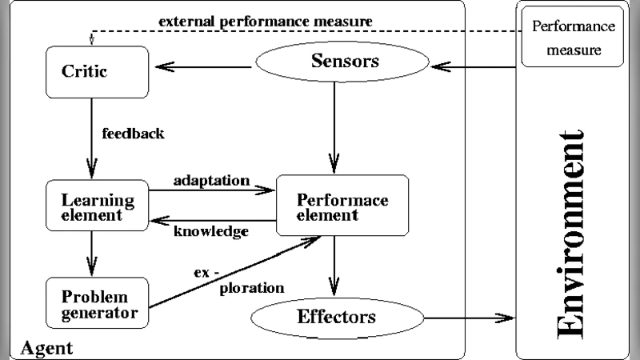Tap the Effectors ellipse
[337, 316]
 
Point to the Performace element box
[342, 206]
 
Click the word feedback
[133, 134]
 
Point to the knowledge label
[211, 231]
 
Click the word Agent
[46, 348]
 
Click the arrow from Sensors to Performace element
[336, 128]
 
